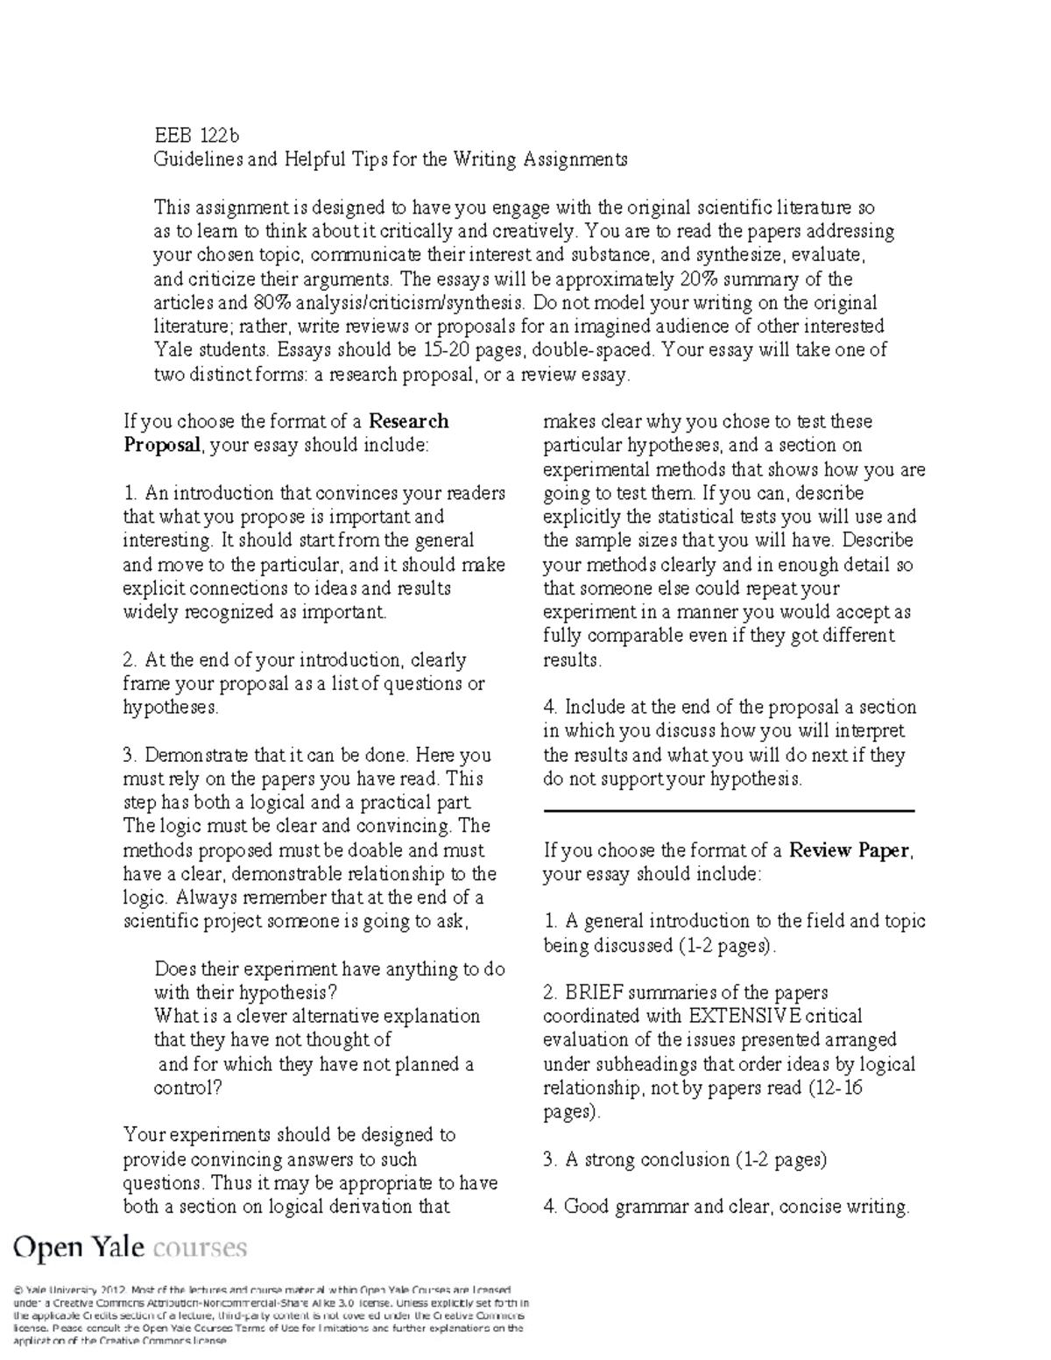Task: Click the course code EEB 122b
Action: [196, 136]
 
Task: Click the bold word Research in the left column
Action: [409, 421]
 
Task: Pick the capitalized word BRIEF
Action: [594, 993]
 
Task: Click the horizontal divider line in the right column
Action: [729, 812]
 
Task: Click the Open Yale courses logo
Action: [130, 1247]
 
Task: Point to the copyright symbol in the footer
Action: [18, 1290]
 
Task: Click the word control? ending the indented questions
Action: [188, 1089]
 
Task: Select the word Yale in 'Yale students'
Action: [173, 350]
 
